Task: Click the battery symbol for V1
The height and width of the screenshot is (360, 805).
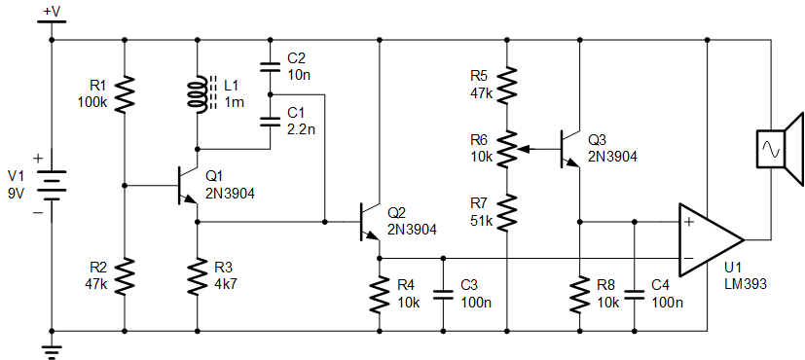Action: tap(52, 187)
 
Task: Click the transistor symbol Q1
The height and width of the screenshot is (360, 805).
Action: tap(188, 185)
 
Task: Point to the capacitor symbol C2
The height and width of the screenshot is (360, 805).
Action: tap(270, 66)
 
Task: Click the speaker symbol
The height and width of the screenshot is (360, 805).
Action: tap(779, 149)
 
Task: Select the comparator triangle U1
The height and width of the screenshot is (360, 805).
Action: tap(711, 239)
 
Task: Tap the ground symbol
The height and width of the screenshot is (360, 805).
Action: tap(52, 352)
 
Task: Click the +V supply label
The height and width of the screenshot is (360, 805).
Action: tap(52, 12)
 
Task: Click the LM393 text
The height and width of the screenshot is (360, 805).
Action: tap(745, 284)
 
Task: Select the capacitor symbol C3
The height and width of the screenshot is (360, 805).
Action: tap(443, 295)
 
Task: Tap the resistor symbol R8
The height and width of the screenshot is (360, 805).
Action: tap(580, 295)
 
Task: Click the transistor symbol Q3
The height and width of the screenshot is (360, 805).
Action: tap(569, 149)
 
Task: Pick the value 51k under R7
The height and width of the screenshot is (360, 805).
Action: tap(481, 222)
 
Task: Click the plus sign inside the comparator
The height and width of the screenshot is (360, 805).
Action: tap(689, 222)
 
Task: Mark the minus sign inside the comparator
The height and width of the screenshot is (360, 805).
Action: tap(689, 258)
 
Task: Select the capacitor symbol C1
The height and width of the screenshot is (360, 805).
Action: tap(270, 122)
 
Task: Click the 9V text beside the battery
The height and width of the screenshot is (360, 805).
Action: tap(17, 195)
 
